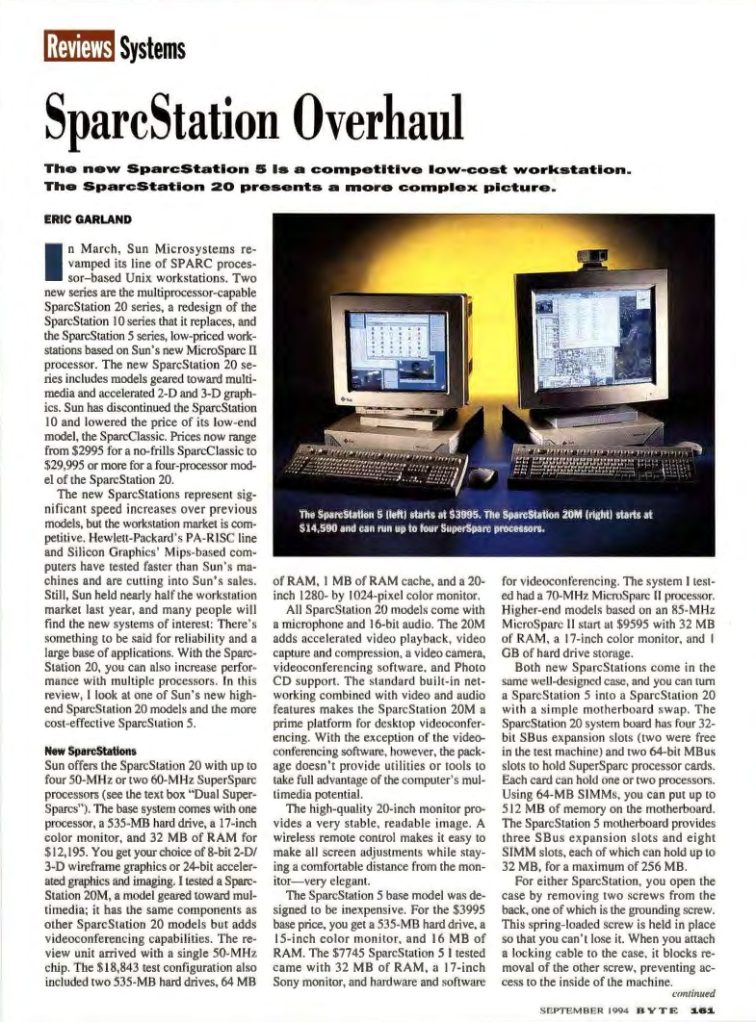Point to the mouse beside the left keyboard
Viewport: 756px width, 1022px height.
pyautogui.click(x=482, y=474)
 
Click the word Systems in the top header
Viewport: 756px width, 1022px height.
pyautogui.click(x=153, y=45)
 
